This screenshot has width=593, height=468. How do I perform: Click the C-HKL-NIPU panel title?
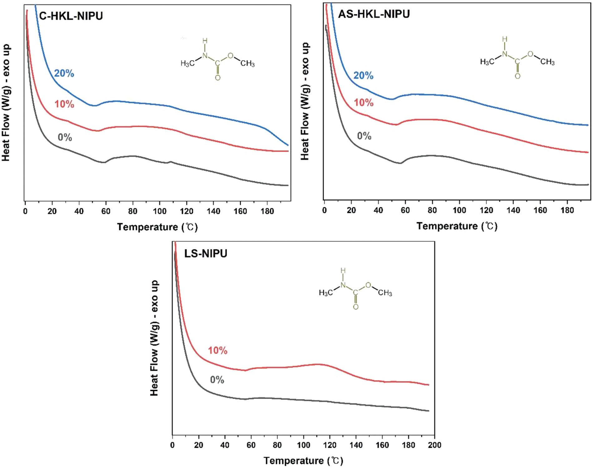[71, 16]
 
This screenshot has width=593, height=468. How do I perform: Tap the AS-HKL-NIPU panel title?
[374, 14]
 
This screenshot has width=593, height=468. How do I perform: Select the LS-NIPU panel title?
[206, 254]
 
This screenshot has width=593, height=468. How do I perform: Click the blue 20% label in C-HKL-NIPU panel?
[64, 73]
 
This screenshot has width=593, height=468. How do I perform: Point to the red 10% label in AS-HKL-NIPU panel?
[363, 102]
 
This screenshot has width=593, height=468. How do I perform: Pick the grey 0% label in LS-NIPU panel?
[217, 380]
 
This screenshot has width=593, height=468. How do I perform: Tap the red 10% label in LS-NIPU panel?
[218, 351]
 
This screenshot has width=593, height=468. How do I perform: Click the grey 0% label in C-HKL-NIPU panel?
[65, 137]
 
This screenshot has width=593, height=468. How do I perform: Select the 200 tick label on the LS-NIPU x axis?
[434, 445]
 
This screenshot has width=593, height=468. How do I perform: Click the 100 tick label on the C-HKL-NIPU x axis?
[159, 211]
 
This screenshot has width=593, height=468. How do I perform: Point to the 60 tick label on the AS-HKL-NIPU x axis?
[405, 210]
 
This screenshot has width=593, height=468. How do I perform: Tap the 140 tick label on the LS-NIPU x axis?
[356, 445]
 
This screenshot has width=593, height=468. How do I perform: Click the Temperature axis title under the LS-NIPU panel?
[303, 461]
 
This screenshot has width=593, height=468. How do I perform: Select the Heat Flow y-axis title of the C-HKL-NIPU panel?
[6, 103]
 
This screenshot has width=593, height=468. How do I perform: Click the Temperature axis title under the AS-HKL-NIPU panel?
[457, 226]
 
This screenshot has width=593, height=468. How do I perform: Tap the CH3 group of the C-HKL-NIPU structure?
[247, 64]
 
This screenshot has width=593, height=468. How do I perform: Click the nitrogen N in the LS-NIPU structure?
[343, 285]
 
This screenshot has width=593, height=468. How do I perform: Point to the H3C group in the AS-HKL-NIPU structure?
[487, 62]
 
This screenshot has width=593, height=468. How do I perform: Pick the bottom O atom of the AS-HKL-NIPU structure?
[517, 76]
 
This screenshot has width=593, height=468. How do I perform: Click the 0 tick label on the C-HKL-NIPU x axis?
[25, 211]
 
